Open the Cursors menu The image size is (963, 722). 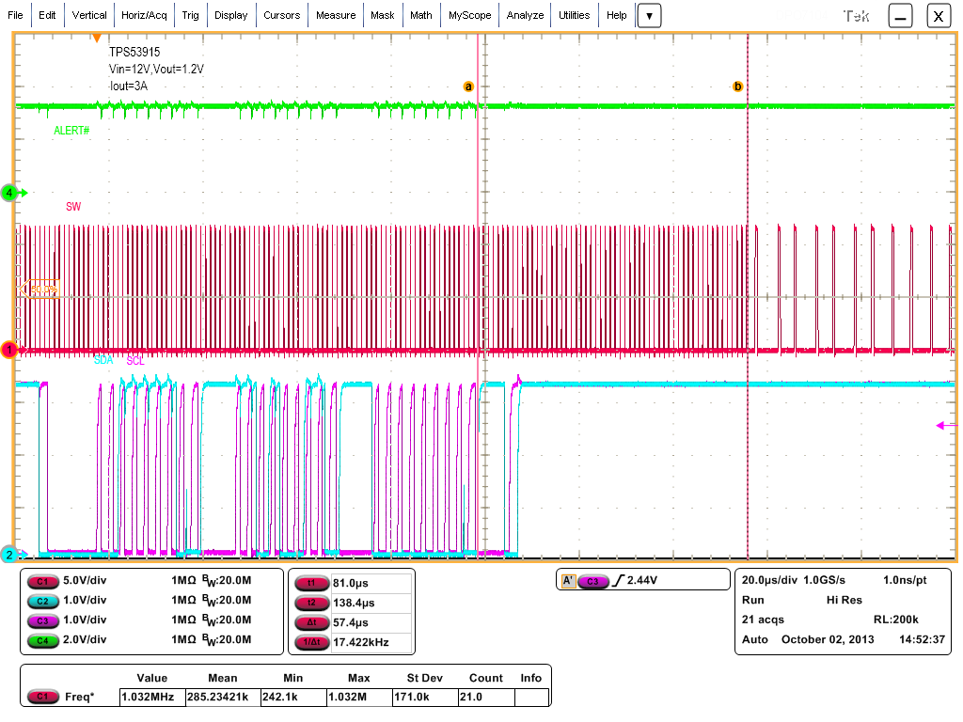click(x=281, y=15)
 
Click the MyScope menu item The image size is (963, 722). click(x=469, y=15)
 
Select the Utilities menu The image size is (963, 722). click(x=574, y=15)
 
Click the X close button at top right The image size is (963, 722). click(x=938, y=15)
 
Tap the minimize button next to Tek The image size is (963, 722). click(x=901, y=15)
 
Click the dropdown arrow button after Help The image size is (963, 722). click(x=650, y=15)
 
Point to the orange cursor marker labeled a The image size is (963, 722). click(x=467, y=86)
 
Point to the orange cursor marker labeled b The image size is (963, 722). click(x=737, y=86)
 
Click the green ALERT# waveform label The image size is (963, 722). click(x=71, y=130)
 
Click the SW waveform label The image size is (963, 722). click(x=72, y=205)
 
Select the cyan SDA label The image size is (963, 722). click(x=103, y=360)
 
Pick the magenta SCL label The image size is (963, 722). click(x=135, y=360)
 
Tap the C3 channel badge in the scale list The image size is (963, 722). click(x=42, y=620)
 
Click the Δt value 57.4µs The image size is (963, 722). click(x=350, y=622)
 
